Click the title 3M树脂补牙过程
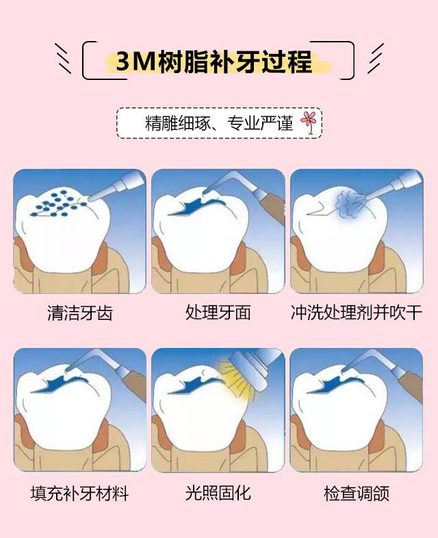point(214,62)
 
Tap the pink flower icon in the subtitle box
point(309,122)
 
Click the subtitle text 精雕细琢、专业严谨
point(219,123)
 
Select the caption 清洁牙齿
point(80,313)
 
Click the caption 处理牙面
point(218,312)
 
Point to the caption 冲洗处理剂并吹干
point(357,312)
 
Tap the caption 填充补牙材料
point(79,494)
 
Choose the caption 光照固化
point(218,494)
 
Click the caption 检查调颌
point(357,494)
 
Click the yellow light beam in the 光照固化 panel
point(237,377)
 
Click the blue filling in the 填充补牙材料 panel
point(58,384)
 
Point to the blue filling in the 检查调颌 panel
point(335,384)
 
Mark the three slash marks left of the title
point(63,58)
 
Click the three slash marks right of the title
point(375,58)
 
